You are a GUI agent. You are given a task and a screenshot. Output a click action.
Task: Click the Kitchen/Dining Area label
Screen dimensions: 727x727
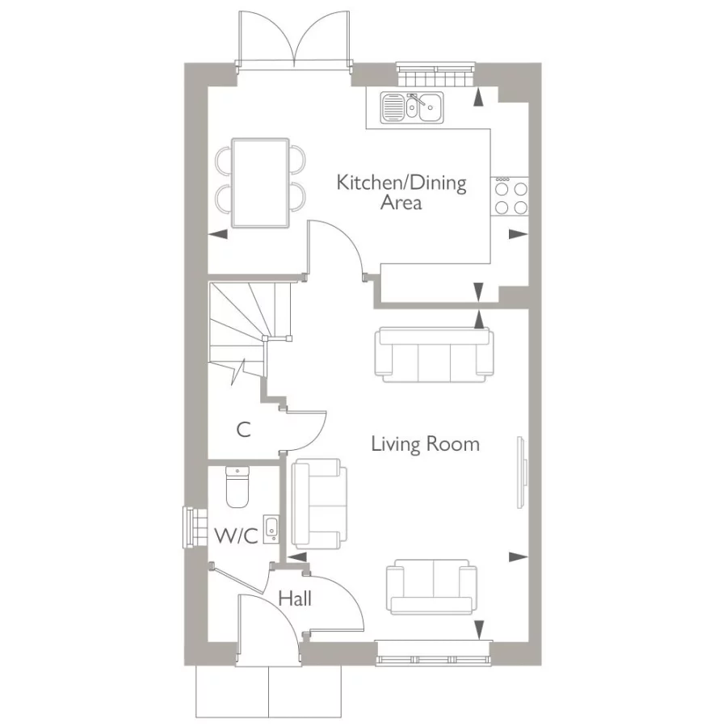pyautogui.click(x=401, y=192)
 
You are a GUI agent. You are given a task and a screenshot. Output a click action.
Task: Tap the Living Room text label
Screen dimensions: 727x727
pyautogui.click(x=425, y=443)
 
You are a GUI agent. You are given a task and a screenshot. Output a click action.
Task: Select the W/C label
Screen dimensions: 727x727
pyautogui.click(x=236, y=536)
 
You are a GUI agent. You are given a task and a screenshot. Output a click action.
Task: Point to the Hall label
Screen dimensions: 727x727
pyautogui.click(x=295, y=599)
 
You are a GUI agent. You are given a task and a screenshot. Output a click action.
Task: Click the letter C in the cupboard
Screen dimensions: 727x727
pyautogui.click(x=243, y=430)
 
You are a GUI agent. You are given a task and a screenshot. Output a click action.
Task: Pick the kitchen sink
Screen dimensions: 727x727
pyautogui.click(x=413, y=107)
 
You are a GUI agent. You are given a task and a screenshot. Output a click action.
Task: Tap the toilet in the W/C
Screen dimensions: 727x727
pyautogui.click(x=237, y=487)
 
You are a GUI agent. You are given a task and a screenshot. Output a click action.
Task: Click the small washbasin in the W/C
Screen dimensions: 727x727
pyautogui.click(x=271, y=527)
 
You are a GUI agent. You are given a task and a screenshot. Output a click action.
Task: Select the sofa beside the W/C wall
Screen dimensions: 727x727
pyautogui.click(x=317, y=502)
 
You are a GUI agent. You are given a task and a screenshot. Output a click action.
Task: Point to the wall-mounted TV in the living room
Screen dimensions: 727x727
pyautogui.click(x=523, y=473)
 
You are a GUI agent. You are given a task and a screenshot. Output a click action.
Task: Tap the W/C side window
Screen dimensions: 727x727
pyautogui.click(x=191, y=526)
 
